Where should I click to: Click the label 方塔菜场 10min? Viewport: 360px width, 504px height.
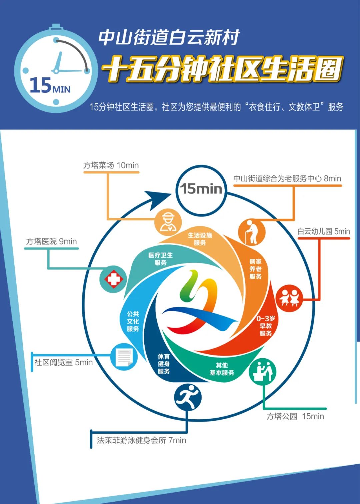click(111, 165)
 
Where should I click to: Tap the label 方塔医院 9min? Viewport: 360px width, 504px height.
click(51, 241)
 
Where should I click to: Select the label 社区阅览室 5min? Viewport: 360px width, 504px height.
click(63, 362)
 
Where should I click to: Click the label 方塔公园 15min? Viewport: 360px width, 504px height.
click(295, 416)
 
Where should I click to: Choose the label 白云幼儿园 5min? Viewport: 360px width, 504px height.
click(324, 231)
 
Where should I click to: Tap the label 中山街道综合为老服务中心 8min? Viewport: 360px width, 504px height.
click(287, 178)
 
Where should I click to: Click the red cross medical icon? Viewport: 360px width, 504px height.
click(114, 279)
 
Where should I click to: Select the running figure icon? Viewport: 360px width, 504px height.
click(188, 397)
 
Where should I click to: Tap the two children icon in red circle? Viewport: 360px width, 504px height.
click(289, 298)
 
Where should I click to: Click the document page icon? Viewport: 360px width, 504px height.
click(124, 357)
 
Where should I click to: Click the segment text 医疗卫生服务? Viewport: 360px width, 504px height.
click(161, 259)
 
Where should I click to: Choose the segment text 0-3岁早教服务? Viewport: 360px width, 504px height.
click(266, 326)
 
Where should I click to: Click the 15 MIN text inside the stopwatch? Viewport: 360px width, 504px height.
click(50, 86)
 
